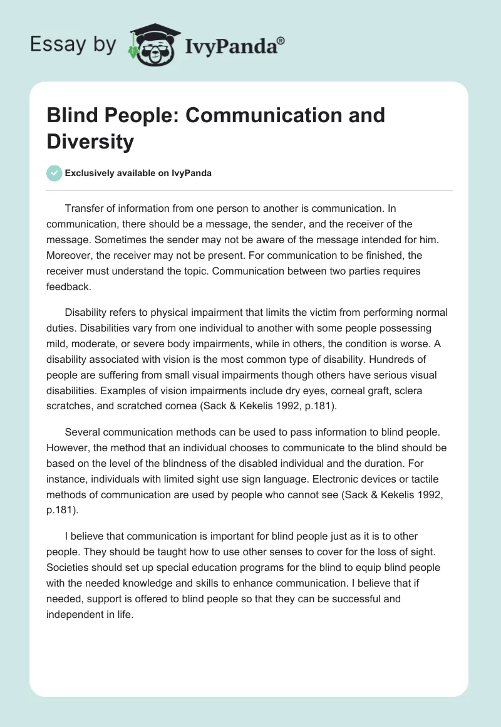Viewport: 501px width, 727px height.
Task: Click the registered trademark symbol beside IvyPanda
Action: pyautogui.click(x=281, y=41)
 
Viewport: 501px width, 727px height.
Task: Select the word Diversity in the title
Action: pyautogui.click(x=90, y=142)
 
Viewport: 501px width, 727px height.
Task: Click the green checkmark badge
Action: pyautogui.click(x=54, y=174)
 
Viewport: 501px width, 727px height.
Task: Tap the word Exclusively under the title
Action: pyautogui.click(x=95, y=174)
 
